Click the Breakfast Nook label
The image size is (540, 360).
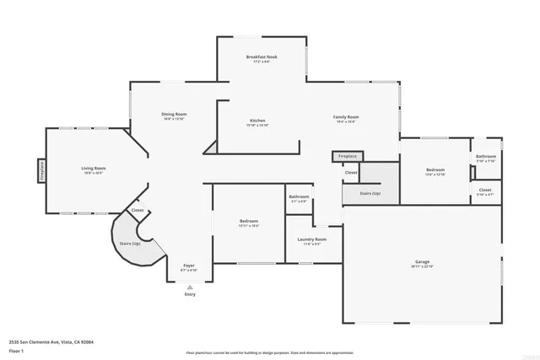coord(262,57)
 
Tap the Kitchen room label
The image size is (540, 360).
coord(257,120)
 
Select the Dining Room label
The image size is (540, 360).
coord(175,114)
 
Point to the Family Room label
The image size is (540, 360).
coord(346,117)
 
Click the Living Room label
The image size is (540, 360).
coord(92,169)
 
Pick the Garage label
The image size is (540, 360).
coord(422,262)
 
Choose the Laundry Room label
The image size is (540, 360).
coord(311,239)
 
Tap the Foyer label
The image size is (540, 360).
coord(190,266)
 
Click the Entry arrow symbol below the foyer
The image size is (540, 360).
coord(190,287)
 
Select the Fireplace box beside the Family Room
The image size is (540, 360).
coord(348,157)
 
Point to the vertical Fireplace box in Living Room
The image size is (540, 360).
coord(39,170)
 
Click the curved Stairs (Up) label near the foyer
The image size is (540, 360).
coord(130,243)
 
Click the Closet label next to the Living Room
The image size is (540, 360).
coord(138,210)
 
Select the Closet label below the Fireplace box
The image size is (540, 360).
coord(350,172)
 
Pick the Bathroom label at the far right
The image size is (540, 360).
coord(486,156)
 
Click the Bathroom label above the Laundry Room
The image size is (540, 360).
coord(300,197)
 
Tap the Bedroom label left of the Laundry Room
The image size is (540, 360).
coord(248,222)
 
